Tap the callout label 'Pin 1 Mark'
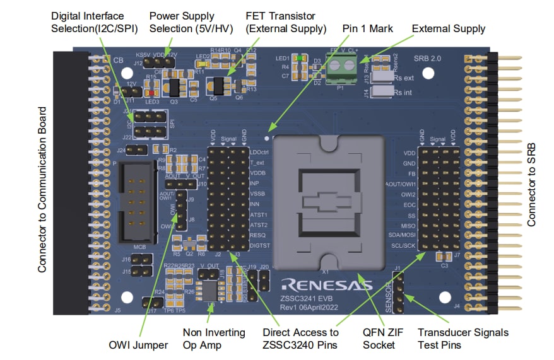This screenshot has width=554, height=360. pyautogui.click(x=368, y=28)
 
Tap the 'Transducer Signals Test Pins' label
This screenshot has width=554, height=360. pyautogui.click(x=463, y=339)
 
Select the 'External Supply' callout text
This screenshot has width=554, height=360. pyautogui.click(x=448, y=28)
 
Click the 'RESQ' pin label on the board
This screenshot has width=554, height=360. pyautogui.click(x=259, y=235)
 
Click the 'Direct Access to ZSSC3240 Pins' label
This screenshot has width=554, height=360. pyautogui.click(x=300, y=339)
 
